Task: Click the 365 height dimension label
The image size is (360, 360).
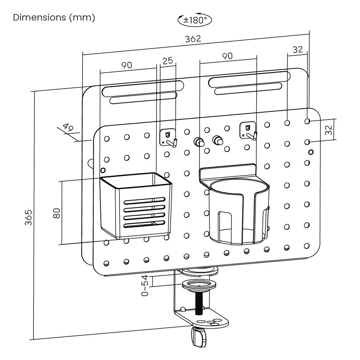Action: pos(29,217)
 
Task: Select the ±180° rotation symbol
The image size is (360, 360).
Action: pos(195,20)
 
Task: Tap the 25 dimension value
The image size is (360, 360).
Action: pos(167,61)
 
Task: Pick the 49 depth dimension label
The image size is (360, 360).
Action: pos(67,128)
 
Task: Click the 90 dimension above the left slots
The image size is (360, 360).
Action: pos(126,65)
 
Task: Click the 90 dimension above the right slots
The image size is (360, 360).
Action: pos(227,56)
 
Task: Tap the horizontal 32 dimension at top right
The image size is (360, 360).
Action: pos(298,50)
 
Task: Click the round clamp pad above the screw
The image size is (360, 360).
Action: pos(199,285)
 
